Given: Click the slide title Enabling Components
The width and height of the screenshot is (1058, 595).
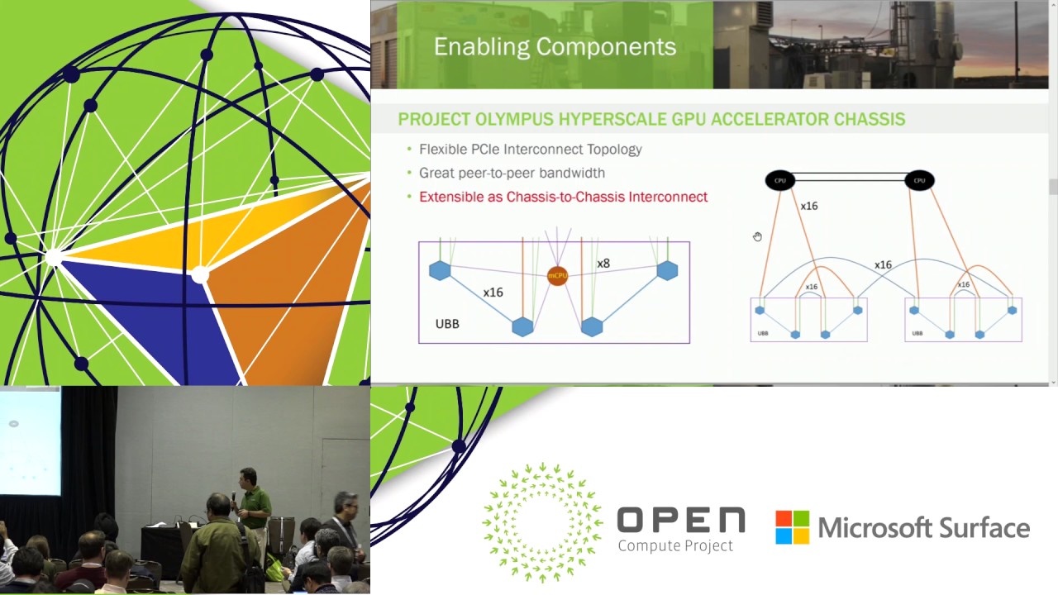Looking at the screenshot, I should click(x=555, y=47).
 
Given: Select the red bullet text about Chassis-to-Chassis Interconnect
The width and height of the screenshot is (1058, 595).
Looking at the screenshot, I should click(x=563, y=197).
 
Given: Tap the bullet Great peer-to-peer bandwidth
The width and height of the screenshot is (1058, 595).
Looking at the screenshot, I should click(x=512, y=173).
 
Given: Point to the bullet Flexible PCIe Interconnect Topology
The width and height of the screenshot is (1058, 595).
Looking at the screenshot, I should click(x=530, y=150).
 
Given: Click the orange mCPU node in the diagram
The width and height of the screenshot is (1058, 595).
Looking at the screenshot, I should click(x=558, y=275).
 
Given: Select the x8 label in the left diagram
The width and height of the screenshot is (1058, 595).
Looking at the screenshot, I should click(x=603, y=264).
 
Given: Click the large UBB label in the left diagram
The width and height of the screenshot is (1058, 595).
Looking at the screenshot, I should click(x=447, y=324).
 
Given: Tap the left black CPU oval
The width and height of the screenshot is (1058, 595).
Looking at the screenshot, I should click(x=779, y=180).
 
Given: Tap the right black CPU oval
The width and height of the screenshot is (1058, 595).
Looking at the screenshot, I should click(x=919, y=180).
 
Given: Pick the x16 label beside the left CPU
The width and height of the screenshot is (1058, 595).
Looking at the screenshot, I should click(x=809, y=206).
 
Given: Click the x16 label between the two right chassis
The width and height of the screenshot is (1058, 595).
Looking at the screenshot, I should click(x=883, y=265).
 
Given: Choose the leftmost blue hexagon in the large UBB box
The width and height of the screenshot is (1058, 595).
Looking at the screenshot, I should click(x=440, y=270).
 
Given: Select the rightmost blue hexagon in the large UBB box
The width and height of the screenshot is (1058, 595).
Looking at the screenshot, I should click(x=667, y=270).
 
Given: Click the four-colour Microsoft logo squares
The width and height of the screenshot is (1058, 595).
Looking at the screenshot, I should click(x=792, y=527).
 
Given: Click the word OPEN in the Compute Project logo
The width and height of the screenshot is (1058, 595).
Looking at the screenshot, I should click(x=680, y=521).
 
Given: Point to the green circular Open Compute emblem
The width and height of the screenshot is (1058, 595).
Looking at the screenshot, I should click(x=543, y=523).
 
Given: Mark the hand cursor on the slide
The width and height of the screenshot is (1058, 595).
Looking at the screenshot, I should click(x=757, y=237).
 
